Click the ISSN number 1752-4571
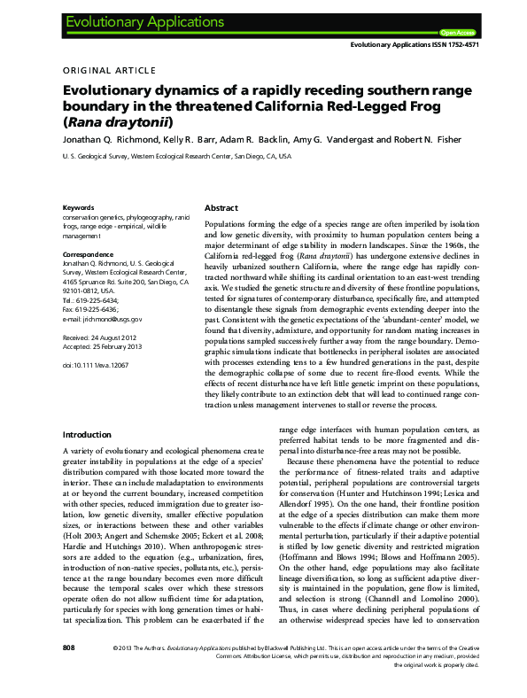tap(458, 44)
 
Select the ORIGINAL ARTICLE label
tap(110, 70)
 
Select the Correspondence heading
tap(89, 254)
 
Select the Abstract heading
tap(221, 207)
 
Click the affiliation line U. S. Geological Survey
tap(164, 156)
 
